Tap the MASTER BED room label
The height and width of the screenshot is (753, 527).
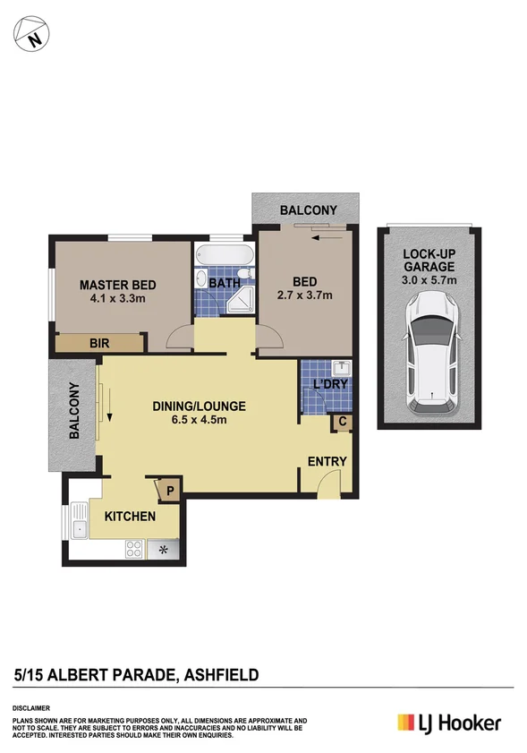click(117, 285)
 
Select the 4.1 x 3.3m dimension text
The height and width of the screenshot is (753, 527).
click(117, 299)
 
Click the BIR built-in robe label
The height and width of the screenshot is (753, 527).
click(99, 342)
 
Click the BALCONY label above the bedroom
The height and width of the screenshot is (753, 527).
click(308, 210)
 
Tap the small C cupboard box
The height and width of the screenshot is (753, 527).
click(343, 422)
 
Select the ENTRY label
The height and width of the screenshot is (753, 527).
click(327, 461)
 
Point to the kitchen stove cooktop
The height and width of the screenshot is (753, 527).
click(134, 549)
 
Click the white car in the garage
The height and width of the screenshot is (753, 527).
click(429, 355)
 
